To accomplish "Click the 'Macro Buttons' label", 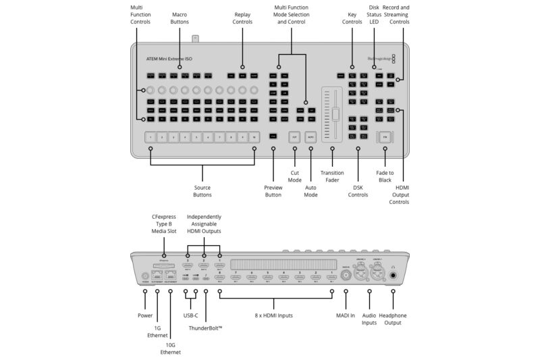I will [180, 18].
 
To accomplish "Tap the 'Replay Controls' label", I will [243, 18].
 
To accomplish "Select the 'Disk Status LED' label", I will [374, 14].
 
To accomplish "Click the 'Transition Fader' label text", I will [332, 176].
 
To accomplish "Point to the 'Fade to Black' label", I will [385, 176].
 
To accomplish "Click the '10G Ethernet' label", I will [170, 348].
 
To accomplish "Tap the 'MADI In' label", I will [346, 315].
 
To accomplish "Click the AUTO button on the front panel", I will [310, 136].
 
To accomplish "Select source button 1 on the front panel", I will [151, 136].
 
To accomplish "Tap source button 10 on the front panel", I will [254, 136].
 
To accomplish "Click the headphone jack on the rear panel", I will [393, 276].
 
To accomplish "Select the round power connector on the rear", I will [144, 276].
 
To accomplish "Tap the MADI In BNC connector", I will [346, 274].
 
